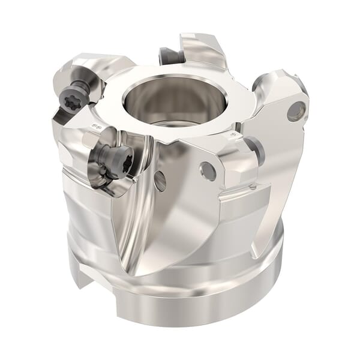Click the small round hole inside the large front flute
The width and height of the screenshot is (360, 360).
160,181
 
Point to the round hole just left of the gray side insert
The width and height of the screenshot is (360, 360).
208,172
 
